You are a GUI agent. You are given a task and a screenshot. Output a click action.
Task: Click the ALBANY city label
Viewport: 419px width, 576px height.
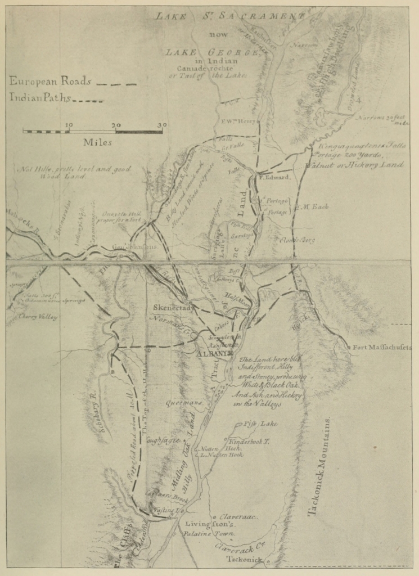210,354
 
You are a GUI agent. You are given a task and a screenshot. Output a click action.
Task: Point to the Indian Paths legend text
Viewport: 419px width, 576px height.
39,98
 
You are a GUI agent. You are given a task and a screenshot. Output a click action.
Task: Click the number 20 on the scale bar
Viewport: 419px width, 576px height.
116,125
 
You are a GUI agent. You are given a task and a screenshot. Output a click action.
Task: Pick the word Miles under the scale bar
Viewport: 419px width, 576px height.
97,142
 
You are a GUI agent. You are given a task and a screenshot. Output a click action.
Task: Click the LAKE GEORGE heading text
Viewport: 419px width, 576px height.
212,52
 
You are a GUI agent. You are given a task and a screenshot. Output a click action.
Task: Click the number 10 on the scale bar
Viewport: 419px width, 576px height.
69,125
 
